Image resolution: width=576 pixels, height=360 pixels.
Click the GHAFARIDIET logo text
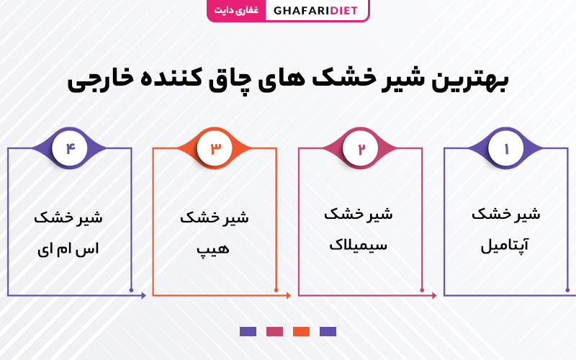coord(315,11)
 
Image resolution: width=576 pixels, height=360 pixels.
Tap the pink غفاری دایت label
coord(236,10)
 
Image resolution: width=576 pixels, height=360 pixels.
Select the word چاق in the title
coord(225,82)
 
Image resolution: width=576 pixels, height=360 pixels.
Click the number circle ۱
coord(506,148)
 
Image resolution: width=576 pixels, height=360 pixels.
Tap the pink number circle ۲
coord(361,148)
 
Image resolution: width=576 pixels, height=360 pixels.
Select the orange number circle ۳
coord(215,148)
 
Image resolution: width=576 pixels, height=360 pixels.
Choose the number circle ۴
coord(69,148)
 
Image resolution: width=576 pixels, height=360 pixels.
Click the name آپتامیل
coord(505,245)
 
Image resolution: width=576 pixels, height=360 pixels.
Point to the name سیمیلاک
coord(358,245)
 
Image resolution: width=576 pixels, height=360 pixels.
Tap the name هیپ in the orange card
coord(212,249)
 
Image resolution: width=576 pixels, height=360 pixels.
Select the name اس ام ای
coord(68,249)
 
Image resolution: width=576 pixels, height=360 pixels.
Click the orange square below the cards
coord(301,332)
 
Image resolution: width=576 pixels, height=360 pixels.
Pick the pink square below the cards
coord(274,332)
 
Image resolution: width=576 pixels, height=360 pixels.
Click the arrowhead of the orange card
coord(289,295)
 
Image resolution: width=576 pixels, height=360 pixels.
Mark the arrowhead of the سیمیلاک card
coord(434,295)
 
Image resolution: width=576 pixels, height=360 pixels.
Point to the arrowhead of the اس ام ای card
coord(143,295)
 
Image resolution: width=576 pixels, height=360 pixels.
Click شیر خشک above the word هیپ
coord(214,217)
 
